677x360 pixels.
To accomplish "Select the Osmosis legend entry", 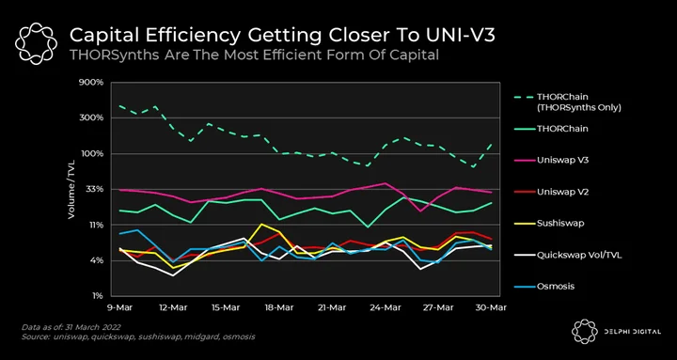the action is tap(543, 286).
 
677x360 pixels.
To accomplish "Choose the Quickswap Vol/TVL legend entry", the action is tap(567, 255).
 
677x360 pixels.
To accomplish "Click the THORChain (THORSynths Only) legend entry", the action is tap(567, 102).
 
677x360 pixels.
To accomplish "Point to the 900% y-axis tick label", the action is tap(91, 82).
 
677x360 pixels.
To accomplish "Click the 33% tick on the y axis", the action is tap(94, 189).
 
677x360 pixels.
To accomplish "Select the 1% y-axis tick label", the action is tap(97, 296).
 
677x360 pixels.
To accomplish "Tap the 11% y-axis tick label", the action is tap(95, 225).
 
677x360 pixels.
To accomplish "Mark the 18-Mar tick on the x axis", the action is tap(279, 307).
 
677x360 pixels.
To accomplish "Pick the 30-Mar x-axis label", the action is tap(492, 307).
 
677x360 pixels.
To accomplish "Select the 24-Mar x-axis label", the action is tap(386, 307).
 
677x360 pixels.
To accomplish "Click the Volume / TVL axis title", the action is tap(71, 189).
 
